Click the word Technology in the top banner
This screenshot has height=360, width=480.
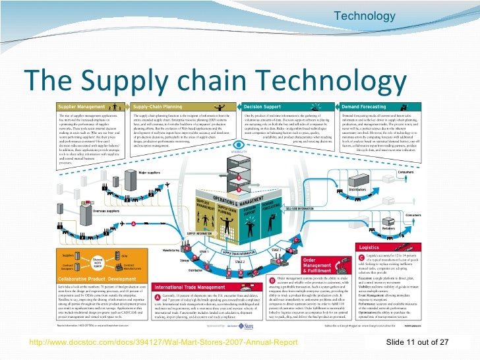[x=365, y=16]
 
